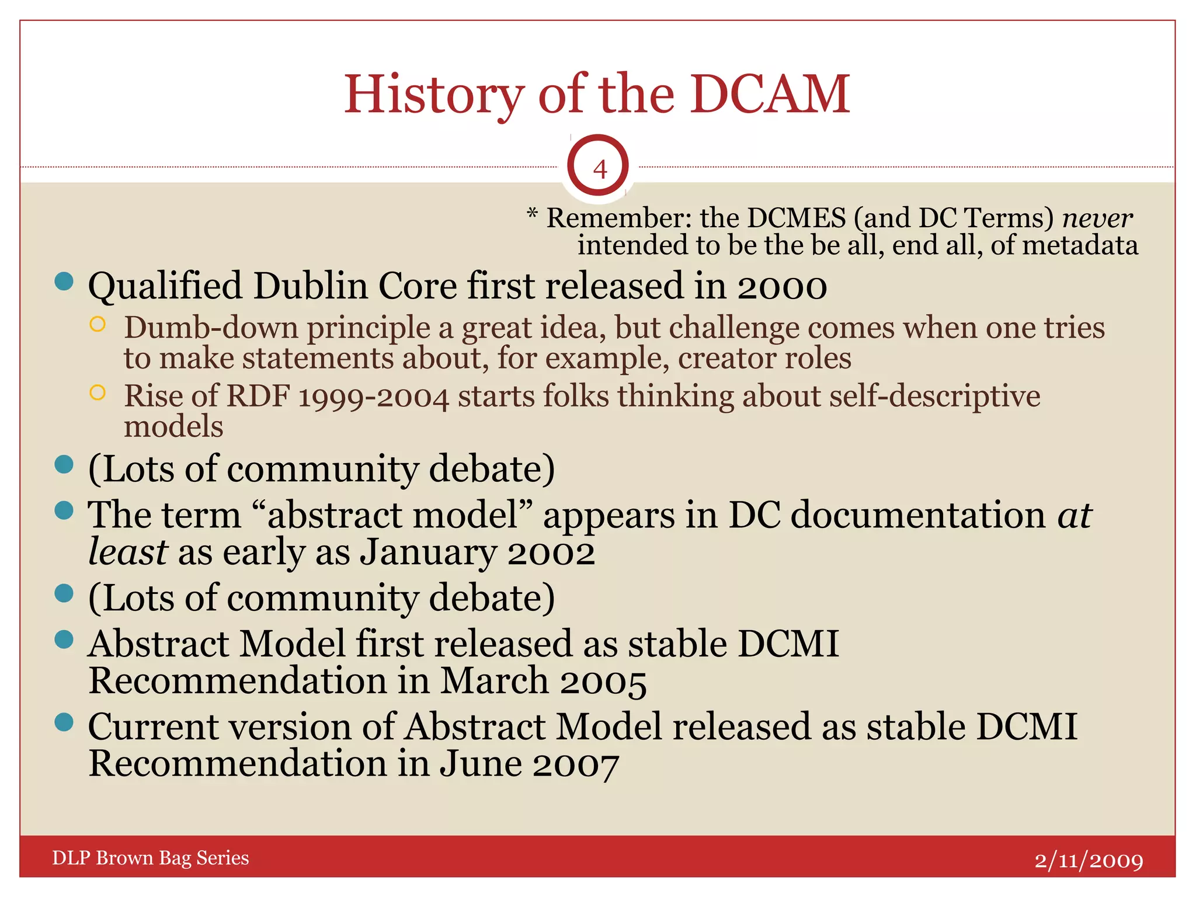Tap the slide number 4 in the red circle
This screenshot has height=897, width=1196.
[599, 169]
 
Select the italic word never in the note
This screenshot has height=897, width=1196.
[1097, 218]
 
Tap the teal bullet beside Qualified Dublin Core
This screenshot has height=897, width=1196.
[64, 281]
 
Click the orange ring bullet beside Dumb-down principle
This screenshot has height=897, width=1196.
[98, 325]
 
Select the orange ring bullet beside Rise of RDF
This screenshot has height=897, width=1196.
[98, 392]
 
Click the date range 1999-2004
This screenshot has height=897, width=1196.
[374, 397]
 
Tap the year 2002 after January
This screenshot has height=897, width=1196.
[551, 553]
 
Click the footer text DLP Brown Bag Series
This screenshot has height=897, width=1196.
[151, 858]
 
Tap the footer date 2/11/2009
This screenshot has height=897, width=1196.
[1089, 860]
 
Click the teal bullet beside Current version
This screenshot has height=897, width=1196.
[64, 722]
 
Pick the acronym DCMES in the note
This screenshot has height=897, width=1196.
[796, 218]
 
